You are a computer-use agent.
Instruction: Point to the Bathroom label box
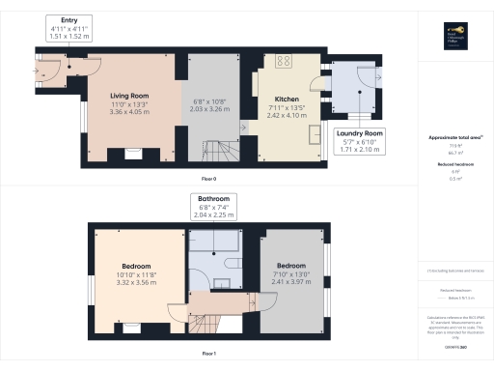pyautogui.click(x=214, y=206)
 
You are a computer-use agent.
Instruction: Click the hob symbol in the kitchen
pyautogui.click(x=285, y=62)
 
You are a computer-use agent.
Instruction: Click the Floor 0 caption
pyautogui.click(x=208, y=180)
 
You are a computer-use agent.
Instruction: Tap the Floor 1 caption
pyautogui.click(x=208, y=354)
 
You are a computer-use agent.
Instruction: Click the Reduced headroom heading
pyautogui.click(x=453, y=164)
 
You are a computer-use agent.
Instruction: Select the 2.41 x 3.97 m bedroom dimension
pyautogui.click(x=292, y=282)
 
